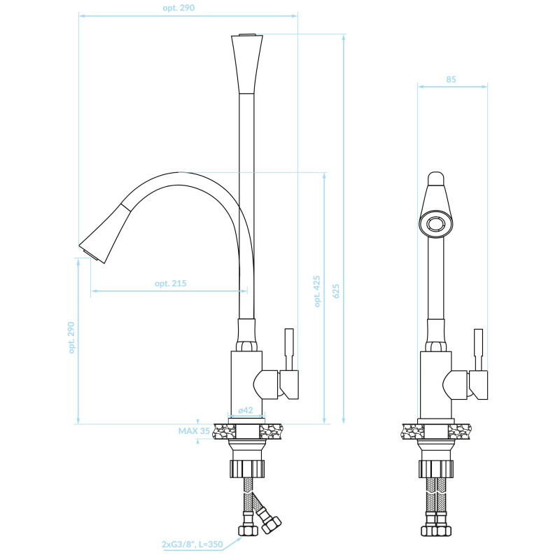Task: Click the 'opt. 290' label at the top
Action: coord(178,8)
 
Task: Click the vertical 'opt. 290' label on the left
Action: coord(71,337)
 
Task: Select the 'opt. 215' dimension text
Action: coord(170,283)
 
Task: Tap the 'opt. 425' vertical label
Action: coord(317,291)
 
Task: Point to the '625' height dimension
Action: coord(336,291)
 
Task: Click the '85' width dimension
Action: coord(451,79)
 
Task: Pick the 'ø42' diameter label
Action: coord(246,410)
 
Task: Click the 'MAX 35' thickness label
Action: coord(194,431)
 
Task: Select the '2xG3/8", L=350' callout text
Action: coord(192,545)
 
